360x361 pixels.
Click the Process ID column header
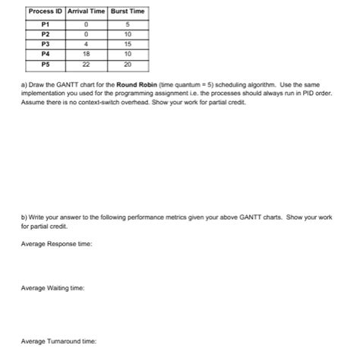click(x=45, y=11)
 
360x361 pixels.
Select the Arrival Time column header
click(x=87, y=11)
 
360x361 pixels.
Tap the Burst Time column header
click(x=128, y=11)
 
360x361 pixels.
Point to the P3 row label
click(x=45, y=43)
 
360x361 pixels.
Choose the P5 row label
click(x=45, y=63)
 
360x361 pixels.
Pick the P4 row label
click(x=45, y=53)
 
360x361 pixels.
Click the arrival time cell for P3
click(x=87, y=43)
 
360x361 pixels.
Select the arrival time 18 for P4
click(x=87, y=53)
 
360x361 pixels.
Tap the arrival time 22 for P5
click(x=87, y=63)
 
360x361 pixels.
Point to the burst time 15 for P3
click(x=128, y=43)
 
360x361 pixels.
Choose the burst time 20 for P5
click(x=128, y=63)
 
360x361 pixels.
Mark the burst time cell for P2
click(x=128, y=34)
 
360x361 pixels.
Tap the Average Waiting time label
click(x=52, y=289)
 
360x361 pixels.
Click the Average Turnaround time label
click(x=58, y=341)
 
